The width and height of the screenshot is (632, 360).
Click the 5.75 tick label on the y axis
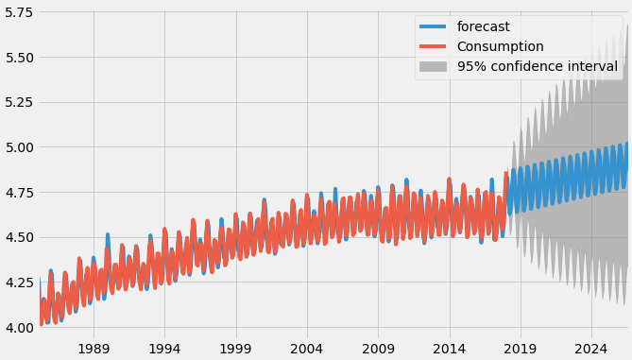tap(17, 12)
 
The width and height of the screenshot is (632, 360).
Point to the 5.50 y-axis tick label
tap(17, 58)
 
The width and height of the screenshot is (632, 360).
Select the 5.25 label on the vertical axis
tap(17, 102)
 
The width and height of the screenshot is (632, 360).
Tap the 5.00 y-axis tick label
tap(17, 147)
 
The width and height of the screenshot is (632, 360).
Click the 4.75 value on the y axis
tap(17, 193)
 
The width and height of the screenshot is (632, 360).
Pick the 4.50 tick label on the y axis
tap(17, 237)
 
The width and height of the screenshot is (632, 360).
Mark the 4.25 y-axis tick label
tap(17, 283)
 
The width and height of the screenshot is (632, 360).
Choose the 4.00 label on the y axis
tap(17, 328)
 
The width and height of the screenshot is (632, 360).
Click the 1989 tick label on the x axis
tap(94, 348)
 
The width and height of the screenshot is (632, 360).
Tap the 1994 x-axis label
tap(164, 348)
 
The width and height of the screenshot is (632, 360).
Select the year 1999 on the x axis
tap(236, 348)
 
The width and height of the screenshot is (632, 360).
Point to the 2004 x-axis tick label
tap(307, 348)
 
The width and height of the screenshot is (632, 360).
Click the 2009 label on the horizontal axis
tap(378, 348)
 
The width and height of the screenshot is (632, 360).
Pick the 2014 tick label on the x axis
tap(449, 348)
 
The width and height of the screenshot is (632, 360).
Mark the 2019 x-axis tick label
tap(521, 348)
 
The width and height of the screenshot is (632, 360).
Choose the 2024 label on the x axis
tap(591, 348)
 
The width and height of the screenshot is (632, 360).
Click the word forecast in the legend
tap(483, 26)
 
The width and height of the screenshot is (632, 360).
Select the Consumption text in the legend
tap(500, 46)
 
